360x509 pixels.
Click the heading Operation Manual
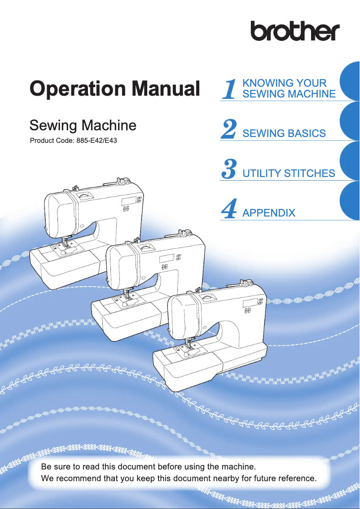click(x=114, y=89)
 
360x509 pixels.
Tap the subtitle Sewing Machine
click(x=83, y=125)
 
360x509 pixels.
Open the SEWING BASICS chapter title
click(x=284, y=133)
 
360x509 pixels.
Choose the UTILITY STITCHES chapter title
click(x=288, y=173)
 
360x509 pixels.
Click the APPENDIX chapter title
click(x=268, y=213)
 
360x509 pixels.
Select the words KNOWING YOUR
click(x=284, y=83)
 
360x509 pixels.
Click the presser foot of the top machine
click(x=69, y=246)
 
